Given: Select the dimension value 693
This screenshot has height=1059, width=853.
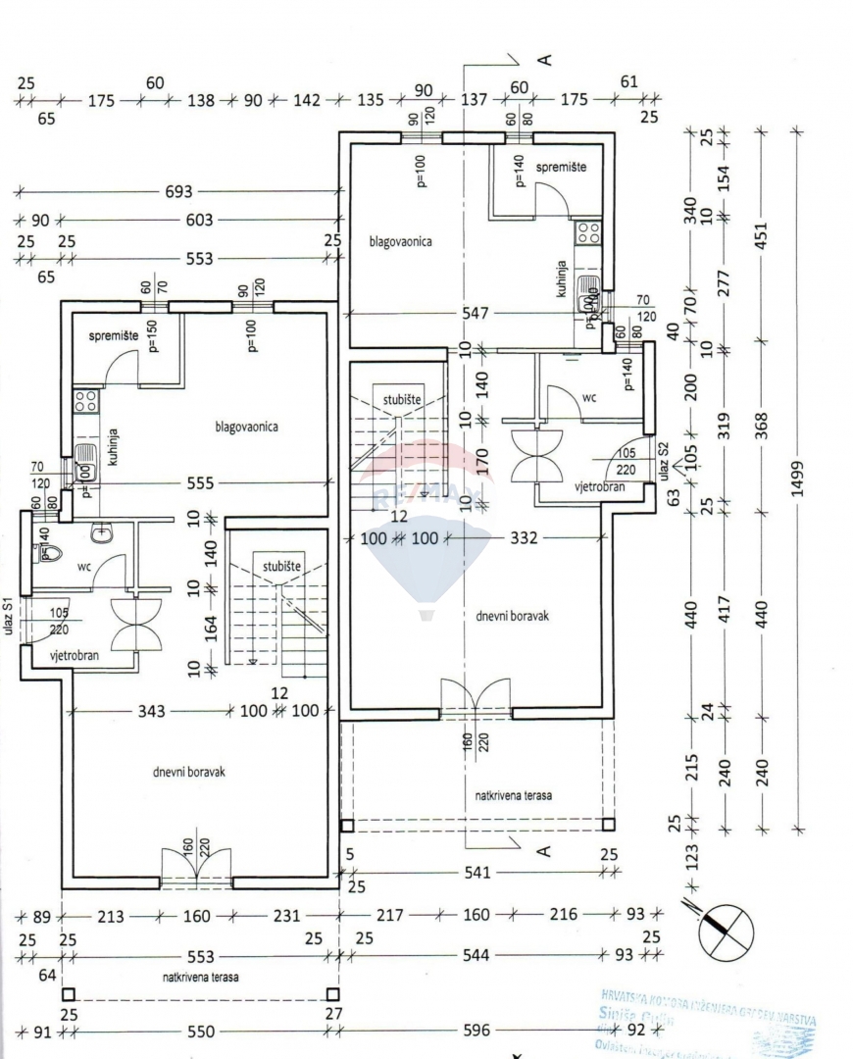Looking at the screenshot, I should point(179,192).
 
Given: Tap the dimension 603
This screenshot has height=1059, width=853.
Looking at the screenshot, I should point(199,221).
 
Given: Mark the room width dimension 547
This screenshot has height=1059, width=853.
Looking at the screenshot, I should point(476,314).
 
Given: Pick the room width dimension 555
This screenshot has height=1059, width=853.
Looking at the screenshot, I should point(202,482).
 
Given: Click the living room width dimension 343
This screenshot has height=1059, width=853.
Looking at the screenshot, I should point(151,711).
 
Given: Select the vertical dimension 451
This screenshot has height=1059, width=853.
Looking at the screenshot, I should point(762,236).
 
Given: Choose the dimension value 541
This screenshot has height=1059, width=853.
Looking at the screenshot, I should point(477,871).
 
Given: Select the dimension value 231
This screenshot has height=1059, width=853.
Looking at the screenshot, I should point(285,917).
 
